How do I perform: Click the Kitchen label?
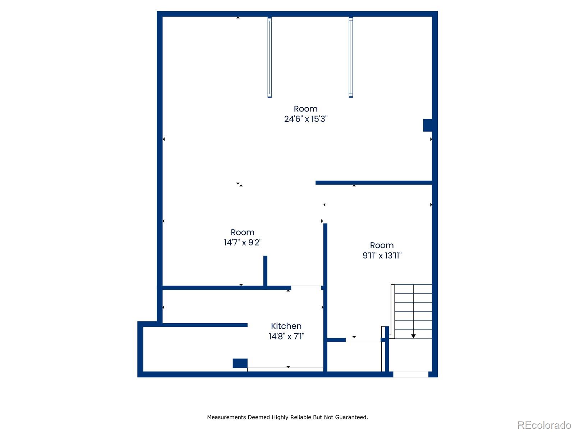pos(286,326)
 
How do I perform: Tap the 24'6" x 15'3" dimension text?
pos(306,119)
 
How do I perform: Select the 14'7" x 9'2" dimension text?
pos(243,242)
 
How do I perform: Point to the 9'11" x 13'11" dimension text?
pos(382,256)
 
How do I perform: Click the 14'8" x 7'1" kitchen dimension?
pos(286,336)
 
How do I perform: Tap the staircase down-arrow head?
pos(413,336)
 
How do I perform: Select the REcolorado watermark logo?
pos(544,425)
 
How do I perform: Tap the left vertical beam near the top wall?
pos(270,58)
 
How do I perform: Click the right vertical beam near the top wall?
pos(351,58)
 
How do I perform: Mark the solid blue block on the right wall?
pos(428,125)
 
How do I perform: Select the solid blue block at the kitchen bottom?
pos(240,363)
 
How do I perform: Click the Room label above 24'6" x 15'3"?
pos(305,109)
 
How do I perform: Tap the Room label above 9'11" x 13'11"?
pos(382,245)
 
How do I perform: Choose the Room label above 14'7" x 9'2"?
pos(242,232)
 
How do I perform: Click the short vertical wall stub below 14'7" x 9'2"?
pos(265,271)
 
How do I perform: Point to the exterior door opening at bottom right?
pos(411,374)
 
